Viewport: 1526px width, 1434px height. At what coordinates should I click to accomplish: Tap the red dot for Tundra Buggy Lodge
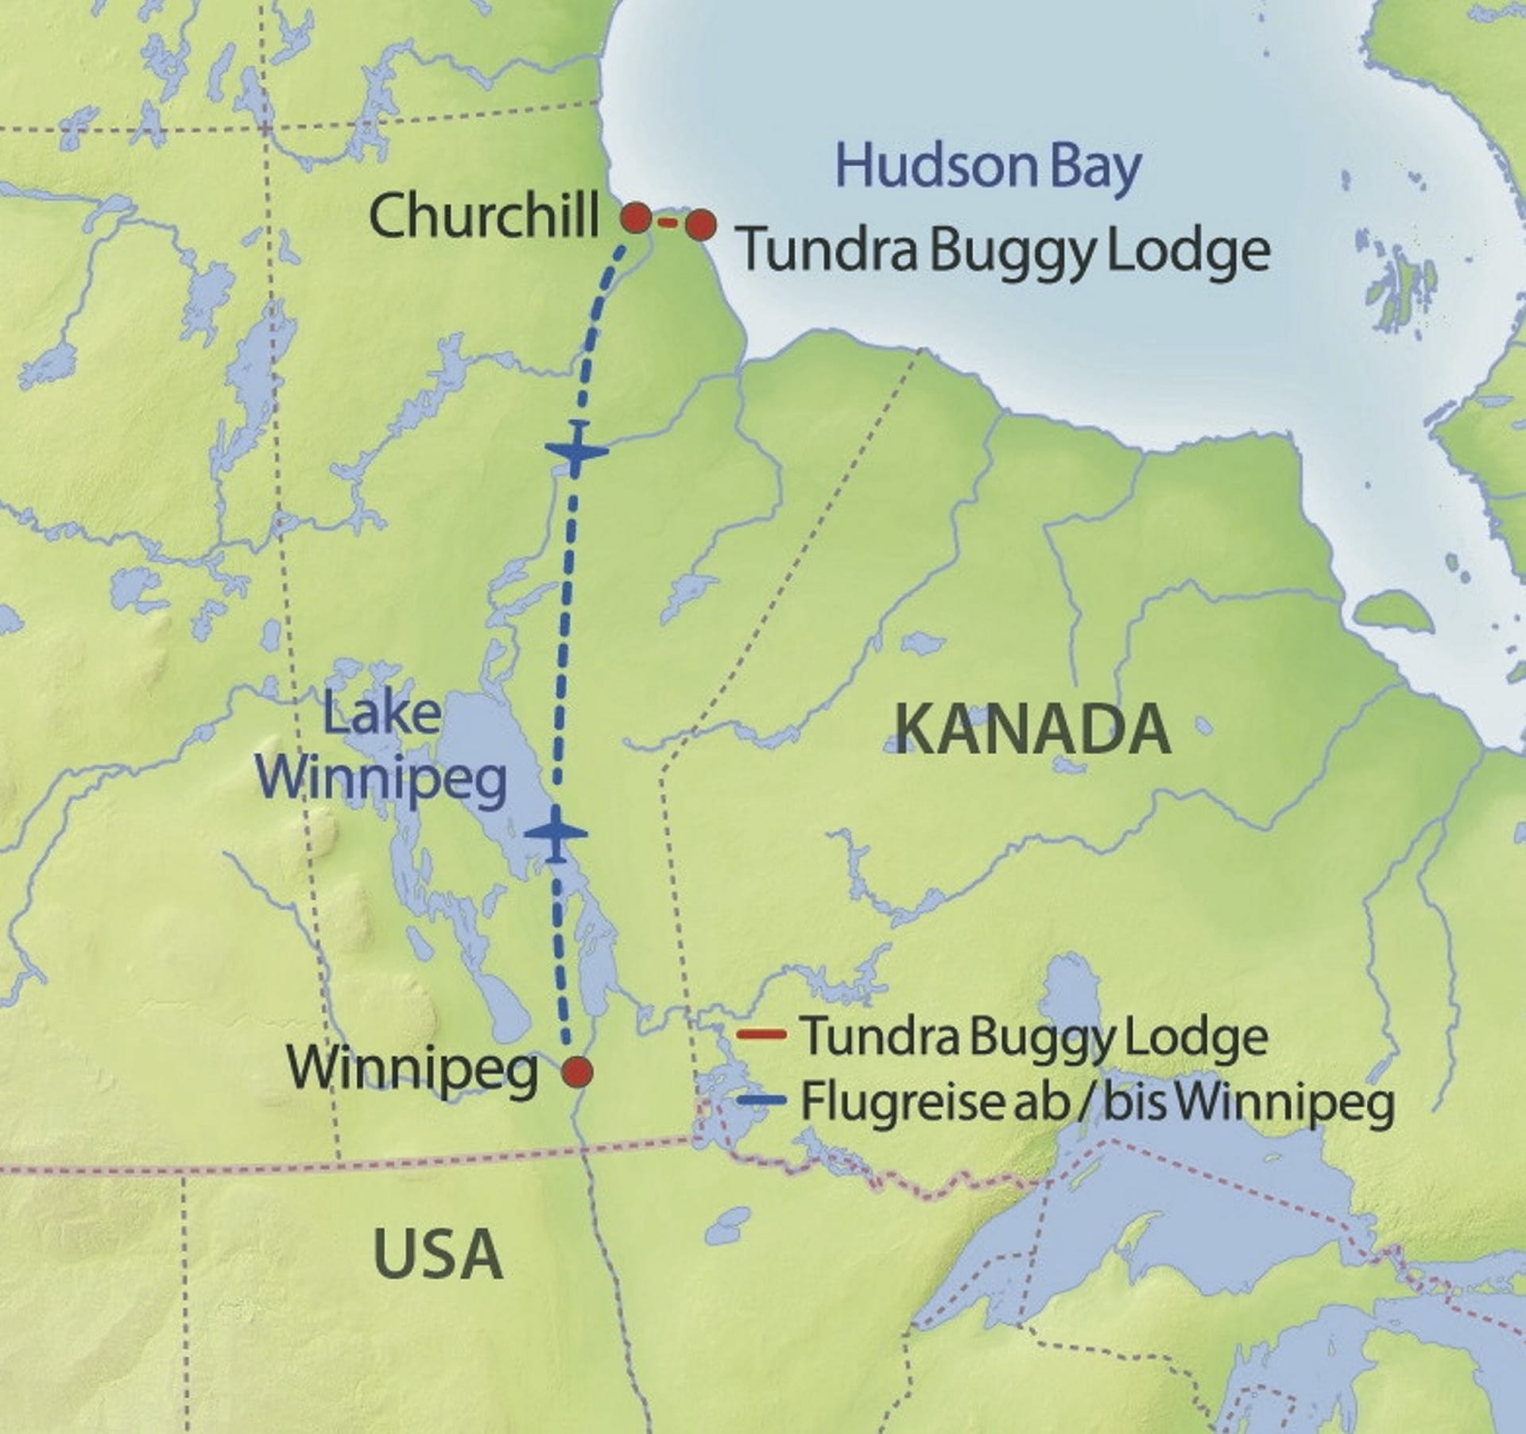tap(700, 226)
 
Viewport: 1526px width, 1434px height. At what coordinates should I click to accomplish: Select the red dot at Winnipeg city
tap(577, 1072)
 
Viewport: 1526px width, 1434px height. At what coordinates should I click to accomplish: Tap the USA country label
tap(437, 1254)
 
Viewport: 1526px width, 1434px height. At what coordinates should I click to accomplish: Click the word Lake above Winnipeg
tap(382, 713)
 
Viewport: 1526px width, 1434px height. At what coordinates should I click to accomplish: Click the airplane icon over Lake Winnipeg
tap(556, 833)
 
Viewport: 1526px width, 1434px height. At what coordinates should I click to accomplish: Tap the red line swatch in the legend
tap(761, 1034)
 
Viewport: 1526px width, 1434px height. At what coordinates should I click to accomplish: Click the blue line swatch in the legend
tap(761, 1101)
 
